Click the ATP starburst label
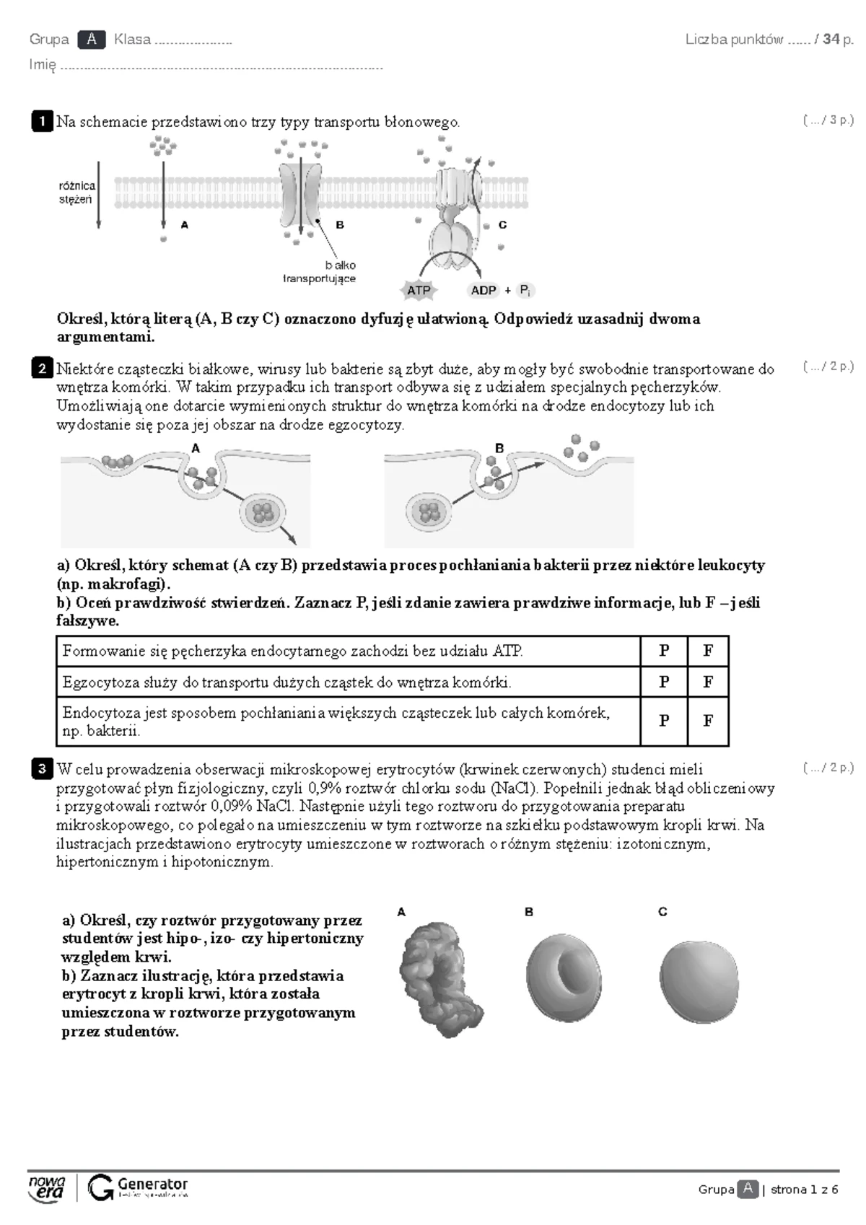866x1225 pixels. (x=419, y=290)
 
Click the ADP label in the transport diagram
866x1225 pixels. (x=484, y=290)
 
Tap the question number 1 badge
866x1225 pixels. (x=42, y=121)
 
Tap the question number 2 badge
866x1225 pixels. (x=42, y=369)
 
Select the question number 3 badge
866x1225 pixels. (x=42, y=769)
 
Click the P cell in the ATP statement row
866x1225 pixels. (x=664, y=651)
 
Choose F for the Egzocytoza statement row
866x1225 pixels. (x=708, y=682)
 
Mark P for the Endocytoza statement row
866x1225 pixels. (x=664, y=721)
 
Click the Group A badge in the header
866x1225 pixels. (x=92, y=39)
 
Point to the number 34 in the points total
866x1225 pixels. (x=831, y=40)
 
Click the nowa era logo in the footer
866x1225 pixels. (x=47, y=1188)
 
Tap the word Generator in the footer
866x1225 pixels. (x=152, y=1184)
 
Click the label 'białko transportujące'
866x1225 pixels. (x=320, y=272)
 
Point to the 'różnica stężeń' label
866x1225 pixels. (x=76, y=193)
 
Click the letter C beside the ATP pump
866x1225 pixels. (x=502, y=225)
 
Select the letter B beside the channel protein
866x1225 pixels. (x=340, y=225)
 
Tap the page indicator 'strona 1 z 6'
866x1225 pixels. (x=804, y=1190)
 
